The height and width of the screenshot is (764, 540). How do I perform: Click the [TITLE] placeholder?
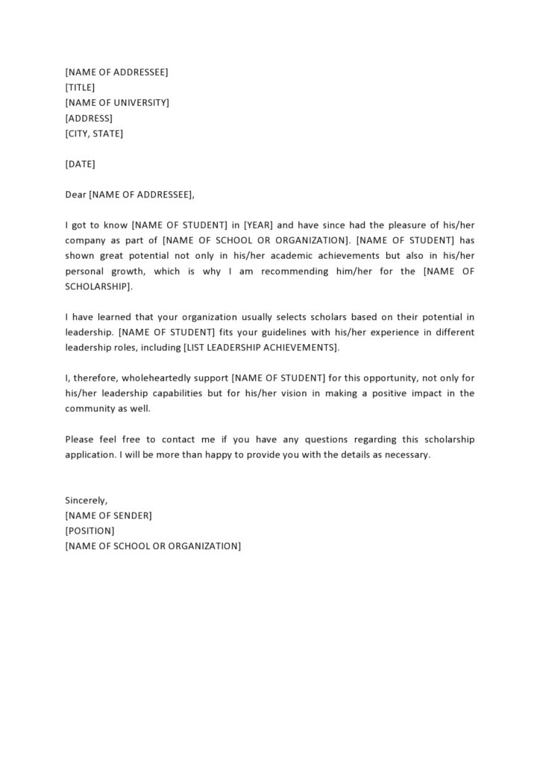(x=80, y=87)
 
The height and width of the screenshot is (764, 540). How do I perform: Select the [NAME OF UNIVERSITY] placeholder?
(x=117, y=103)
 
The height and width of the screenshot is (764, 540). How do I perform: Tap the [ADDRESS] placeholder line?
(x=89, y=119)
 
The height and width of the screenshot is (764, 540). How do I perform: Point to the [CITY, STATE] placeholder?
(x=94, y=134)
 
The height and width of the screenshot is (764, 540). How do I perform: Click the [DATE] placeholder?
(x=80, y=164)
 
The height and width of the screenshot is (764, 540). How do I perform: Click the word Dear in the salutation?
(x=75, y=195)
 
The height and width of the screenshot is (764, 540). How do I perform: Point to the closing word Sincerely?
(x=87, y=500)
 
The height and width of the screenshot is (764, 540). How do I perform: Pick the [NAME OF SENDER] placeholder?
(x=109, y=516)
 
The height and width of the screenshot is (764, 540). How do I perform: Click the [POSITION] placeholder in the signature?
(x=90, y=530)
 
